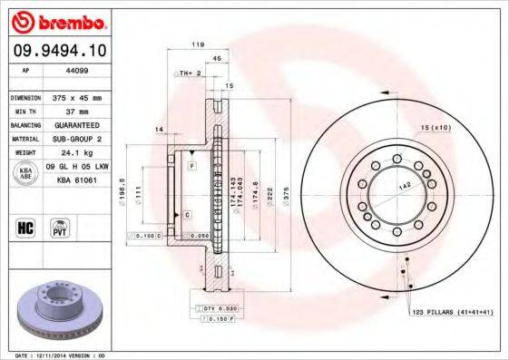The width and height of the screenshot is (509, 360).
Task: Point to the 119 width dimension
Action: click(196, 43)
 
